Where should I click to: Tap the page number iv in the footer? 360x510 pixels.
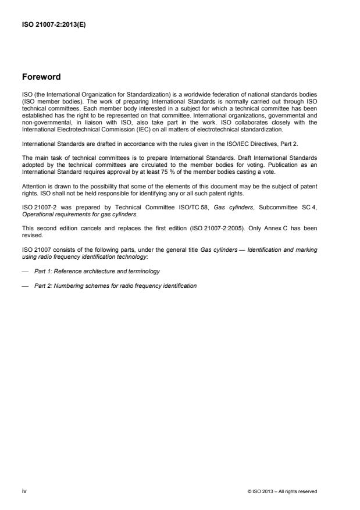pyautogui.click(x=24, y=491)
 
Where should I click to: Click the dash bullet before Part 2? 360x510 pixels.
pyautogui.click(x=24, y=286)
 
